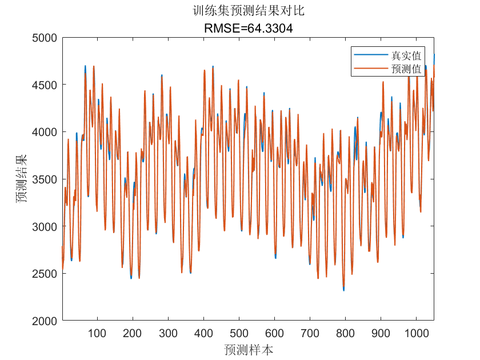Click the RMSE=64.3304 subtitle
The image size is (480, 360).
click(248, 28)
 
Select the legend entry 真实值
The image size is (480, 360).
click(406, 55)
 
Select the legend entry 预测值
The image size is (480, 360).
click(406, 69)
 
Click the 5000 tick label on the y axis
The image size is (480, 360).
click(45, 38)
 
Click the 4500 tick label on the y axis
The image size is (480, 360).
click(45, 85)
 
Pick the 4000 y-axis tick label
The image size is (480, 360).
click(45, 132)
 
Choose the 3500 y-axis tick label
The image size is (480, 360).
click(45, 179)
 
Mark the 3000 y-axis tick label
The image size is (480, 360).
click(45, 226)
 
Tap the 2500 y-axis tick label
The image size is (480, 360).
click(45, 274)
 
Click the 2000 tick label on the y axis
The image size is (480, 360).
click(45, 321)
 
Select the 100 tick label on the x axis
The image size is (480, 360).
click(97, 333)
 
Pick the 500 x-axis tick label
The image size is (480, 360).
click(239, 333)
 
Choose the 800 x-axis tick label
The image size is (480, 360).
click(345, 333)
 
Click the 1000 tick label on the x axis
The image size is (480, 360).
click(416, 333)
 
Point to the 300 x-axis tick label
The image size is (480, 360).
click(168, 333)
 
